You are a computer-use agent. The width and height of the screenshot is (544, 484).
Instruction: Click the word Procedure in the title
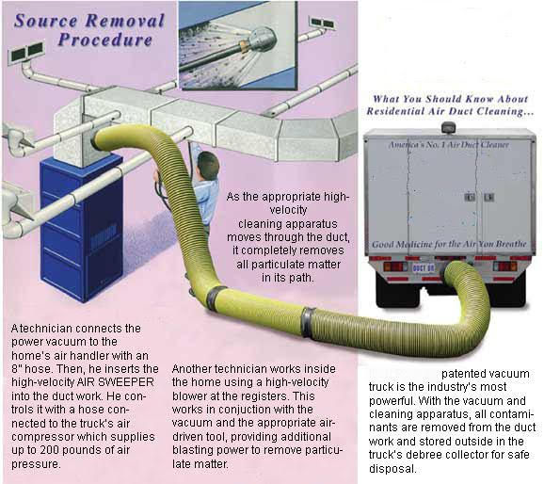[x=105, y=40]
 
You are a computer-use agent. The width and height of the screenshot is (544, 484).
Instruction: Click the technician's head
[x=208, y=165]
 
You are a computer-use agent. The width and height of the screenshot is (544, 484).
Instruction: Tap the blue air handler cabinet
[x=82, y=229]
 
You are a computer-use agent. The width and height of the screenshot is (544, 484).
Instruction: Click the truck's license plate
[x=424, y=268]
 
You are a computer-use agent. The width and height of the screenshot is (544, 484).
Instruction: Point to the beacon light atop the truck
[x=449, y=127]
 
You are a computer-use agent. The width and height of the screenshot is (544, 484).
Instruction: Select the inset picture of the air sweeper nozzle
[x=238, y=45]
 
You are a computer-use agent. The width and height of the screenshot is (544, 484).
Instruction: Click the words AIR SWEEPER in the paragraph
[x=115, y=382]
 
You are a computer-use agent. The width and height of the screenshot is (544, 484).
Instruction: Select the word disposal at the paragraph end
[x=392, y=469]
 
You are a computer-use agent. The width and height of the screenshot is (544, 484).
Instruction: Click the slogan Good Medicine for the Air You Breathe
[x=449, y=245]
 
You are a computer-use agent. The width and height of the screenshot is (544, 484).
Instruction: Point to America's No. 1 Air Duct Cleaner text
[x=448, y=144]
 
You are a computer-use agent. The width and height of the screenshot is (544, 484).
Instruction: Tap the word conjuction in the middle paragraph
[x=234, y=410]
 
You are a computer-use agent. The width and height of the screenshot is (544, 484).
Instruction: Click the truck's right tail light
[x=505, y=266]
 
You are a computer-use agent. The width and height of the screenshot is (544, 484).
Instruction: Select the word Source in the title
[x=45, y=21]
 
